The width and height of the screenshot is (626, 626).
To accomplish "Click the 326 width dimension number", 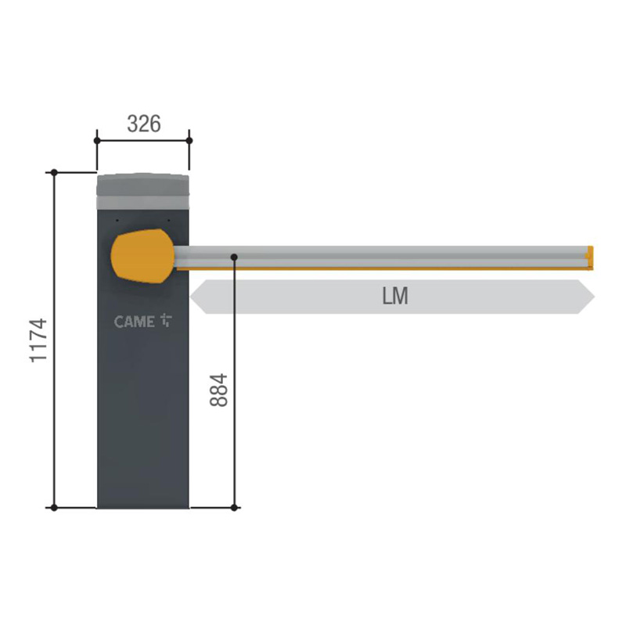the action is (144, 124).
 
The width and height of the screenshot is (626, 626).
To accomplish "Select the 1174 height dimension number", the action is (38, 340).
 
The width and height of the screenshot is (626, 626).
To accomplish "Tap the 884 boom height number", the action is (219, 390).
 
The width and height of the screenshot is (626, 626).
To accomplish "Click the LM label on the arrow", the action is (395, 297).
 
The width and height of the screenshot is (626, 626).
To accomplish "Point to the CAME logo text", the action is (134, 322).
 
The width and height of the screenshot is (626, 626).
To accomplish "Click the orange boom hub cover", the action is (142, 256).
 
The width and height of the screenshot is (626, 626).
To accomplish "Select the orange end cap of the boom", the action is (590, 257).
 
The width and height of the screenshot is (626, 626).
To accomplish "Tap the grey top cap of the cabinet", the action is (143, 192).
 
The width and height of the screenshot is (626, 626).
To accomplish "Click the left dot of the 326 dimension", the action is (97, 141).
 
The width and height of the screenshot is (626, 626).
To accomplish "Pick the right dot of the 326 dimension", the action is (189, 141).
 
